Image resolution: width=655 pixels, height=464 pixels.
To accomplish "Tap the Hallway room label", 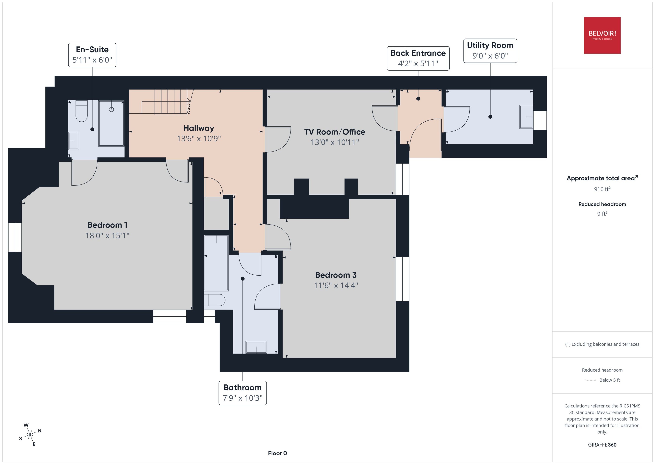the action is (199, 128).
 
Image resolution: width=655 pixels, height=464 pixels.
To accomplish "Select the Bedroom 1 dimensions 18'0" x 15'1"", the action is (107, 235).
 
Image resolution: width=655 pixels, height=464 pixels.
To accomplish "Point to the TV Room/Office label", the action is (334, 132).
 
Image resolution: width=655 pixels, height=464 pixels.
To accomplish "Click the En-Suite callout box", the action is (92, 55).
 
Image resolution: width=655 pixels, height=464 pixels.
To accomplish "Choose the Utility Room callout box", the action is (490, 51).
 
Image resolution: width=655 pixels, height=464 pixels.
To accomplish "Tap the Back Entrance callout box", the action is (418, 58).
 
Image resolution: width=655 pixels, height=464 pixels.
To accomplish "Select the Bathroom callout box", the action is (243, 393).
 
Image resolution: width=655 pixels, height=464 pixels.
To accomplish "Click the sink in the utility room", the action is (526, 117).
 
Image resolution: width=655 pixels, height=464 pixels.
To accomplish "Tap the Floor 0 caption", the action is (277, 453).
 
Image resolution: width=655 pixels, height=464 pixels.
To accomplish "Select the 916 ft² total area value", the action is (602, 189).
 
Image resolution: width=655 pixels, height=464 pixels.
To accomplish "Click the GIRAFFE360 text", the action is (602, 445).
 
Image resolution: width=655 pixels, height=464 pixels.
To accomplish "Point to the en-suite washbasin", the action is (74, 141).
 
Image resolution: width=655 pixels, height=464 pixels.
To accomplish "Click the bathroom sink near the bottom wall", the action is (256, 347).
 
